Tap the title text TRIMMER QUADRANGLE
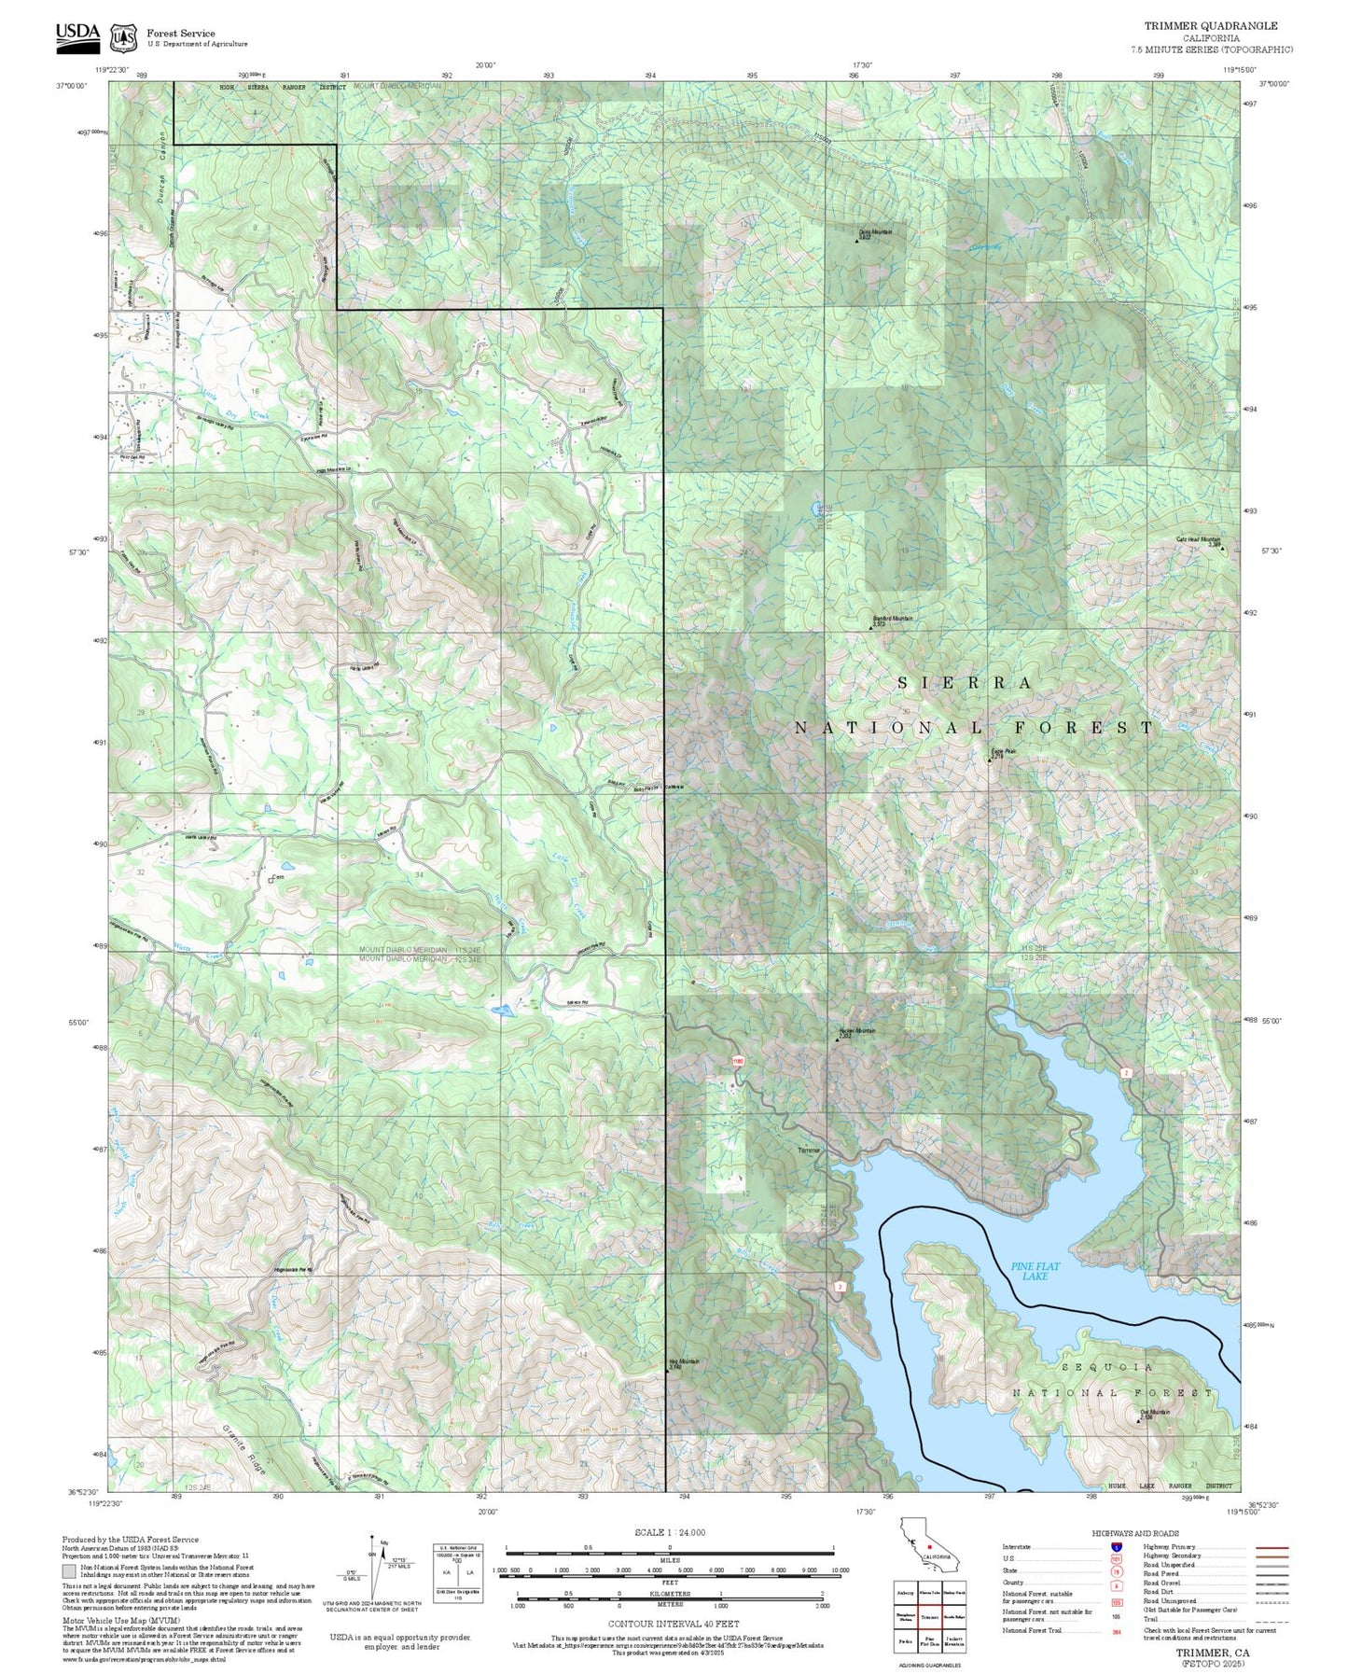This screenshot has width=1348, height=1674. tap(1211, 26)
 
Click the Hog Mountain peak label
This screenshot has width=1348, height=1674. tap(684, 1363)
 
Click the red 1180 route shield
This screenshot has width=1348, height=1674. tap(737, 1061)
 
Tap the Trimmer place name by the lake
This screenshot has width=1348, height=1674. tap(809, 1151)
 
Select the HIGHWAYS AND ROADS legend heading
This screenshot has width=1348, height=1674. tap(1135, 1533)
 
